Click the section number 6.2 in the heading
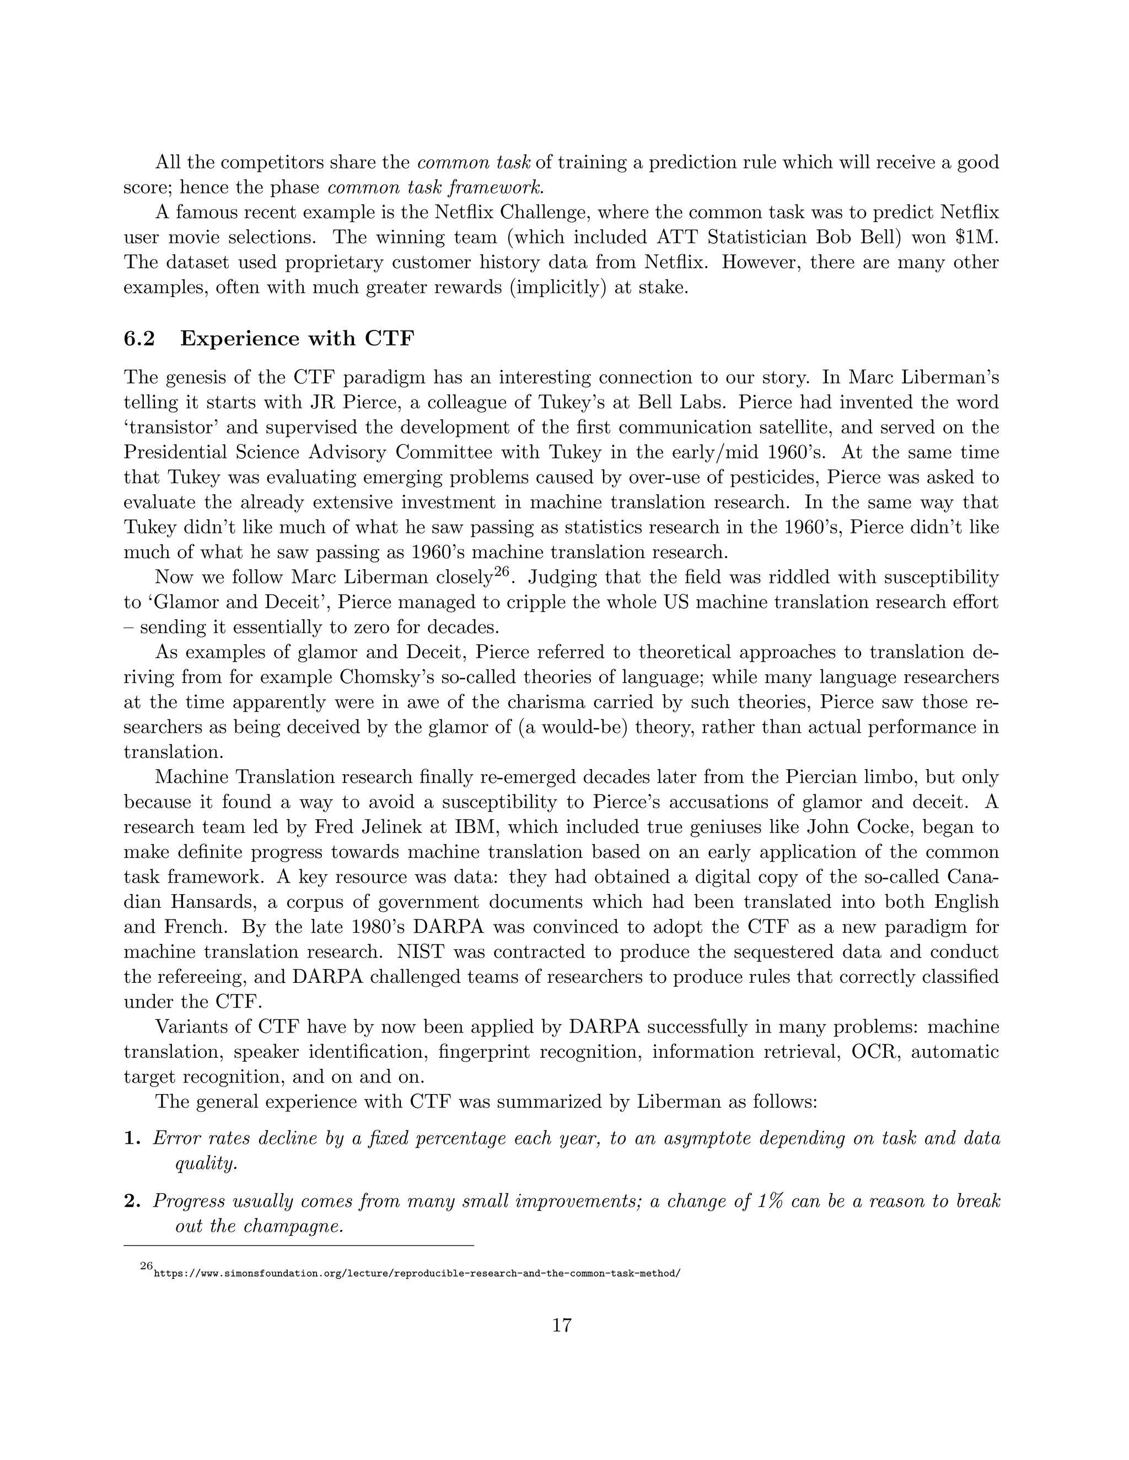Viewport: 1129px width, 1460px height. [139, 339]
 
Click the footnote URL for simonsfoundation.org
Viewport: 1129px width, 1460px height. [417, 1273]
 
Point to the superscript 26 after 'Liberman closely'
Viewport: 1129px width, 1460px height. [502, 572]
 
